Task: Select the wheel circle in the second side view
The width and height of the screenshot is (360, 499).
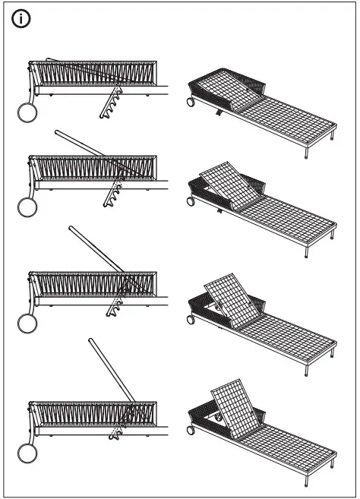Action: coord(28,208)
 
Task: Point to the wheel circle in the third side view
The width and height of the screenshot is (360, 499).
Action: coord(28,324)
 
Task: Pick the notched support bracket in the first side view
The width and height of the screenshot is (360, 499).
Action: coord(111,103)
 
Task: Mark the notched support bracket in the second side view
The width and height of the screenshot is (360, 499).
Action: coord(113,194)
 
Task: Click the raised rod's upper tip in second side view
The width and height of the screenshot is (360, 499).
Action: coord(58,132)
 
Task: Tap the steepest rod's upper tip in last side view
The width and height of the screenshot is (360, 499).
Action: coord(90,341)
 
